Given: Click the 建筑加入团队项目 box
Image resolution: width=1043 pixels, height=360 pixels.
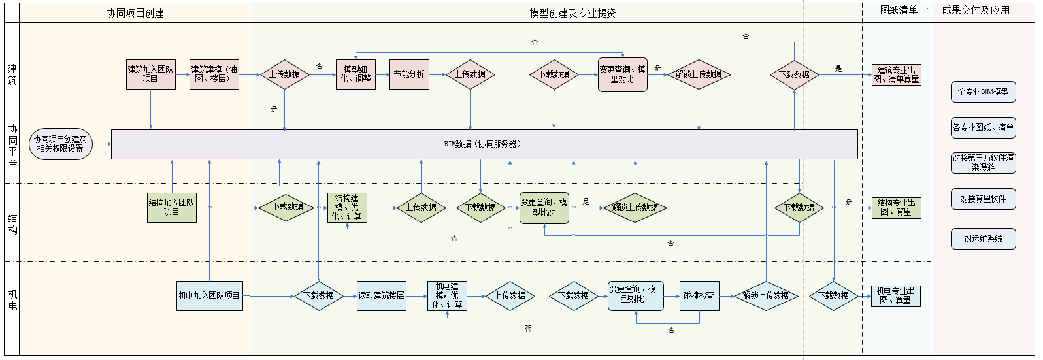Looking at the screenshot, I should pos(151,74).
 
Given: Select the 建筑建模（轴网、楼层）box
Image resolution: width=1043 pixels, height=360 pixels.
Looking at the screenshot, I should pos(214,74).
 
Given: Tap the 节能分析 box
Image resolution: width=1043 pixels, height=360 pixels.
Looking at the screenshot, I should pos(409,74).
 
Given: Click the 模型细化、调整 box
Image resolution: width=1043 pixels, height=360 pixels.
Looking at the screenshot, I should pos(356,74).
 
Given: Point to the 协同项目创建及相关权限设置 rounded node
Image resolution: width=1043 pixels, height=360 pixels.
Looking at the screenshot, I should pos(61,144).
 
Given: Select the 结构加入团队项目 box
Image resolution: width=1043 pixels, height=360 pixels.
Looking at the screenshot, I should pos(172,208).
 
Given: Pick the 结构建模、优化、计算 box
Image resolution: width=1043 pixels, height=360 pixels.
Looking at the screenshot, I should pos(347,208).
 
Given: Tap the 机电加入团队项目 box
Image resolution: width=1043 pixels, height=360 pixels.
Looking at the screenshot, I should pos(210,296).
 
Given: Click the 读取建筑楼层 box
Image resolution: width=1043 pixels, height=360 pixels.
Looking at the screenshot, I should pos(382,296).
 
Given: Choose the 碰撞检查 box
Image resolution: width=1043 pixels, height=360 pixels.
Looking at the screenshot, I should pos(699,296).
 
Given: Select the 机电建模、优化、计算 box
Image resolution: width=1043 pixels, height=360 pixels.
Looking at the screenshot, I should pos(447,296).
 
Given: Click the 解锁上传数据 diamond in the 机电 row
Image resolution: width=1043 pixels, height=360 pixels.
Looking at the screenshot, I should pos(766,296).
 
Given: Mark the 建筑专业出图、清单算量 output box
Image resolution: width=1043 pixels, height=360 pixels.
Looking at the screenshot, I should pos(896,74).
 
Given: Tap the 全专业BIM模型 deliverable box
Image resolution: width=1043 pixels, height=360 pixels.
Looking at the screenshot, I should pos(983,92).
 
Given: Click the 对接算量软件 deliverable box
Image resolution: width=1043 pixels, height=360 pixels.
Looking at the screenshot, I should pos(983,199).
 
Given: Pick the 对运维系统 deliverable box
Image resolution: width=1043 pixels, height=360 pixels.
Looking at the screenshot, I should pos(983,239).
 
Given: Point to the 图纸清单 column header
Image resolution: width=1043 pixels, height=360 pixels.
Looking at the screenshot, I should pos(899,10).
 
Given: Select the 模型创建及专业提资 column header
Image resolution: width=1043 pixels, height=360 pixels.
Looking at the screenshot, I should pos(572,13).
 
